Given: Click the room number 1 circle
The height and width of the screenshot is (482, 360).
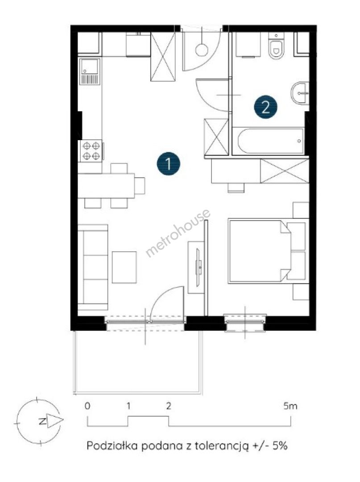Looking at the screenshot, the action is click(x=168, y=163).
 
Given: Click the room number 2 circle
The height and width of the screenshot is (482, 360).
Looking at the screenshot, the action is click(x=266, y=107).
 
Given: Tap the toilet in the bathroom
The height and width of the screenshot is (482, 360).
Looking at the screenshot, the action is click(x=276, y=46).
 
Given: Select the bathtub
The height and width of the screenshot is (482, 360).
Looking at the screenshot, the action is click(x=271, y=141).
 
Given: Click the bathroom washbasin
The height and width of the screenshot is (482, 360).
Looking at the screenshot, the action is click(x=299, y=93).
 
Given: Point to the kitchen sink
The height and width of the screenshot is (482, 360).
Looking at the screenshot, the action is click(x=89, y=71).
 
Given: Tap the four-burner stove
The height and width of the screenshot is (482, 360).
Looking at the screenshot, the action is click(x=91, y=151).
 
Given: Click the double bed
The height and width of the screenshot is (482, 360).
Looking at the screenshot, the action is click(x=268, y=251).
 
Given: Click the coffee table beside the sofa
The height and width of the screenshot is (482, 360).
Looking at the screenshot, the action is click(x=124, y=267).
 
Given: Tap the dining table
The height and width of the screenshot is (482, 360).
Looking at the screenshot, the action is click(x=106, y=186).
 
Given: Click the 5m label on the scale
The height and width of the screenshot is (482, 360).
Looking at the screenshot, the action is click(x=290, y=406).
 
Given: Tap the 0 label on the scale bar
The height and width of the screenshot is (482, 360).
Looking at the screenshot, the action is click(x=87, y=406).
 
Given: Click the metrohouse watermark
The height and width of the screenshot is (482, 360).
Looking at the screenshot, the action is click(x=178, y=233).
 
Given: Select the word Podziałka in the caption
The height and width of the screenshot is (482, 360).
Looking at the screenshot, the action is click(x=112, y=445).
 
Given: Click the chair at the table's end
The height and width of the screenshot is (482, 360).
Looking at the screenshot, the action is click(x=140, y=186).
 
